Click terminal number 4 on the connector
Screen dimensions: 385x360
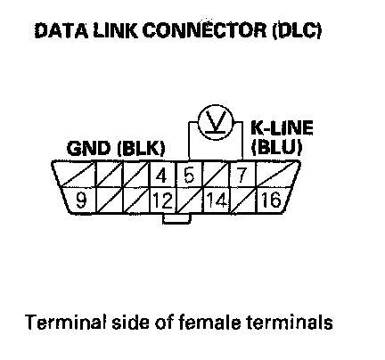click(x=161, y=176)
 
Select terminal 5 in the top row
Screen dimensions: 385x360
click(x=189, y=175)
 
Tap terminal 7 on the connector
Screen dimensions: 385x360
click(x=241, y=175)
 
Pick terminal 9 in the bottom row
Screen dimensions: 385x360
click(x=81, y=200)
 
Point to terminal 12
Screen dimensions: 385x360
click(x=162, y=200)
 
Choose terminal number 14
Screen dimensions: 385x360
click(x=217, y=200)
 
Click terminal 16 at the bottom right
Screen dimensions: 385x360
click(x=271, y=200)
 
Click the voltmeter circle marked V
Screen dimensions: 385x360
click(x=216, y=122)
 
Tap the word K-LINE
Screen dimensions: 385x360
click(x=282, y=127)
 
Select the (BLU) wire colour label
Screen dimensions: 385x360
click(x=276, y=147)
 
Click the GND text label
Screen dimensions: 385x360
click(x=88, y=148)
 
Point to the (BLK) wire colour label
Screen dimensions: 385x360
click(x=141, y=148)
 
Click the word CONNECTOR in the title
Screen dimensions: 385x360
click(x=205, y=30)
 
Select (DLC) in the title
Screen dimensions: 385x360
click(x=297, y=30)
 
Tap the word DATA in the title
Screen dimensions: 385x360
click(x=61, y=30)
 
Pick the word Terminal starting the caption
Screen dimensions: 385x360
click(x=66, y=322)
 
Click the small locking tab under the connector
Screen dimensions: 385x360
click(x=176, y=218)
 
